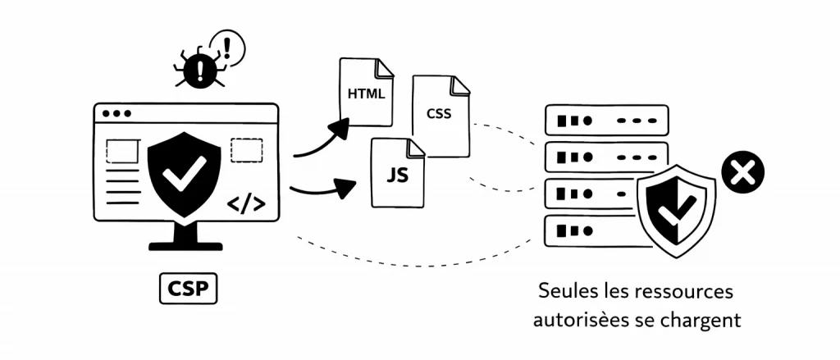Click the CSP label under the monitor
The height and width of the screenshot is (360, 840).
(188, 289)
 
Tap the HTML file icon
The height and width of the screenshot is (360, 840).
(365, 92)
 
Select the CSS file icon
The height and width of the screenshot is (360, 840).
(441, 115)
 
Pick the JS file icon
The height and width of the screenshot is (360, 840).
(398, 174)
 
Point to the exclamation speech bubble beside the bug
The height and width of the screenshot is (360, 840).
(227, 47)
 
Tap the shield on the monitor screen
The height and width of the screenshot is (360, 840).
(183, 172)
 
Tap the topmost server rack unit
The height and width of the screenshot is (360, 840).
(606, 120)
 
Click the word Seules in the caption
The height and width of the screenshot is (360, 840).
(564, 292)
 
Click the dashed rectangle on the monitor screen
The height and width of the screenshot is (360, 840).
(246, 150)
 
